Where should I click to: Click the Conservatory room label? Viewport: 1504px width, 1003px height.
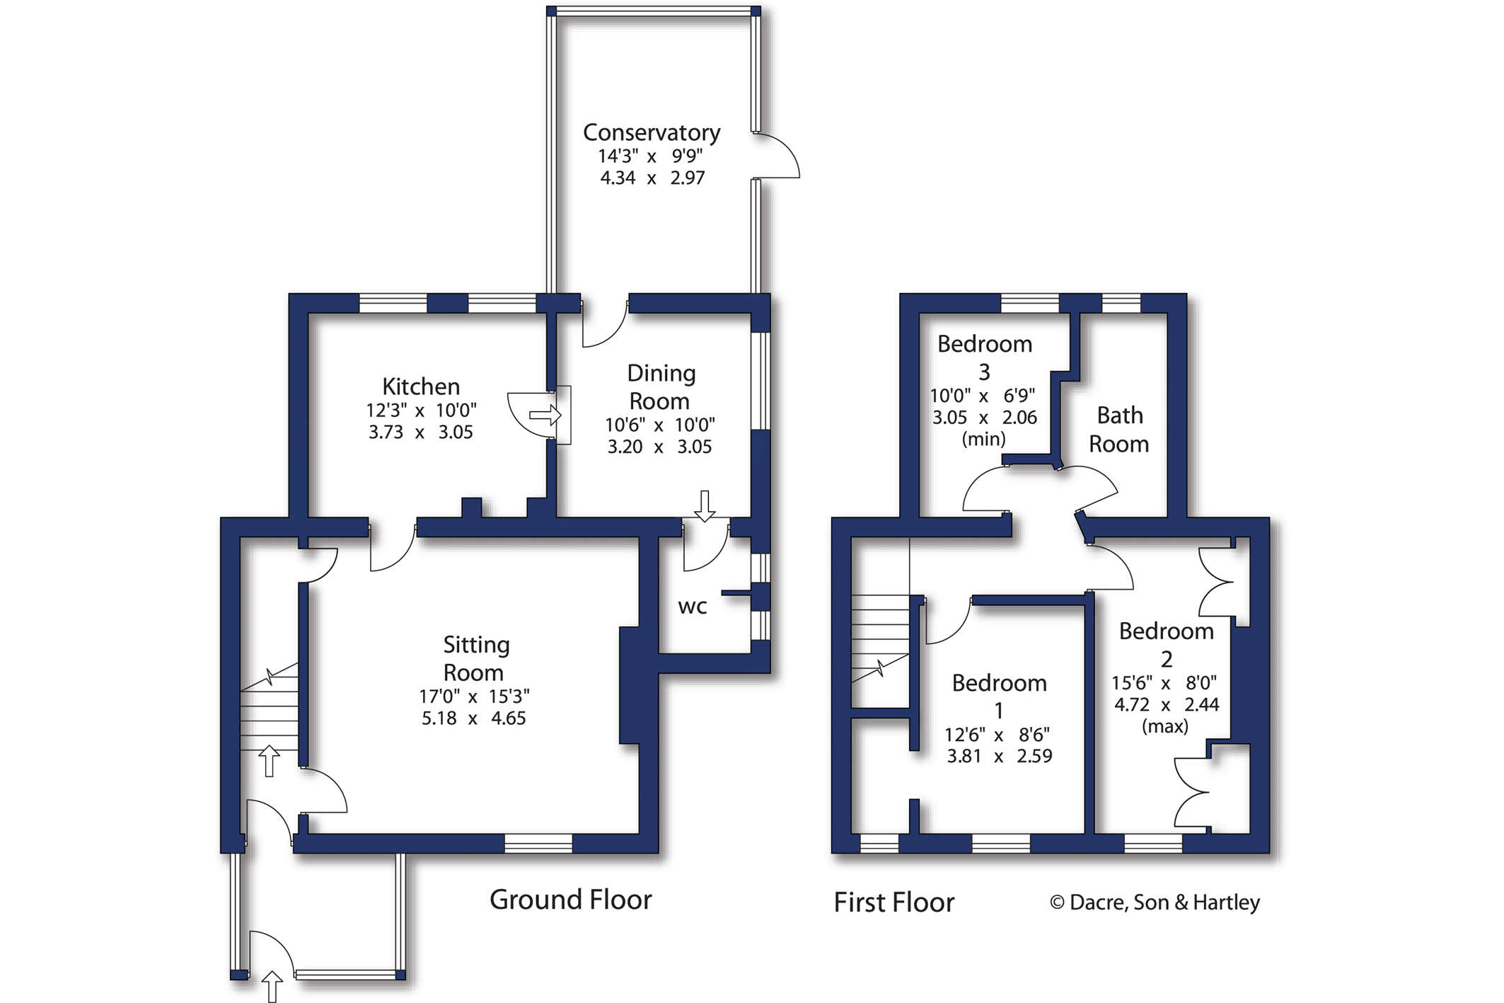click(x=651, y=133)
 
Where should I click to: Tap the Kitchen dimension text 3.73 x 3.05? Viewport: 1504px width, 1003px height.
click(x=420, y=432)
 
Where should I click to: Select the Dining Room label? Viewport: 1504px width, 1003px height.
click(x=661, y=386)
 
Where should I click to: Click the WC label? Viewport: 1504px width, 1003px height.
click(x=692, y=607)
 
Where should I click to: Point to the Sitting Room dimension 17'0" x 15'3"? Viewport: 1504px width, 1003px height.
click(x=474, y=697)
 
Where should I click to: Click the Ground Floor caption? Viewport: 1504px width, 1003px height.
click(x=570, y=900)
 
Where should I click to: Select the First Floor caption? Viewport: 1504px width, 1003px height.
click(x=893, y=902)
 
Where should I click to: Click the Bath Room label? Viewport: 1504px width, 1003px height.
click(x=1118, y=429)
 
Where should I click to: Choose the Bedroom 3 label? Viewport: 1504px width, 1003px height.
click(x=984, y=357)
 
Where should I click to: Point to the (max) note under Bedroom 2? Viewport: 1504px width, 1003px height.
click(x=1164, y=726)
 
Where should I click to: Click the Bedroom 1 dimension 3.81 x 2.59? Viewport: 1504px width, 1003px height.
click(x=999, y=756)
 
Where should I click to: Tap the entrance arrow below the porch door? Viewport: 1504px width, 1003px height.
click(x=272, y=986)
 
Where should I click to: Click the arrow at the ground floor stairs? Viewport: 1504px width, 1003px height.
click(x=269, y=762)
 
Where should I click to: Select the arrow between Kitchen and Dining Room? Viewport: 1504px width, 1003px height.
click(x=545, y=415)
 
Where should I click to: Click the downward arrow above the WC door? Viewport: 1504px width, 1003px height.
click(x=705, y=506)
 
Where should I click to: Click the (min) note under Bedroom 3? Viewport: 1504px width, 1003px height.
click(x=983, y=439)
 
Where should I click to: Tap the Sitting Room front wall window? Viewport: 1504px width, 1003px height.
click(x=538, y=843)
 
